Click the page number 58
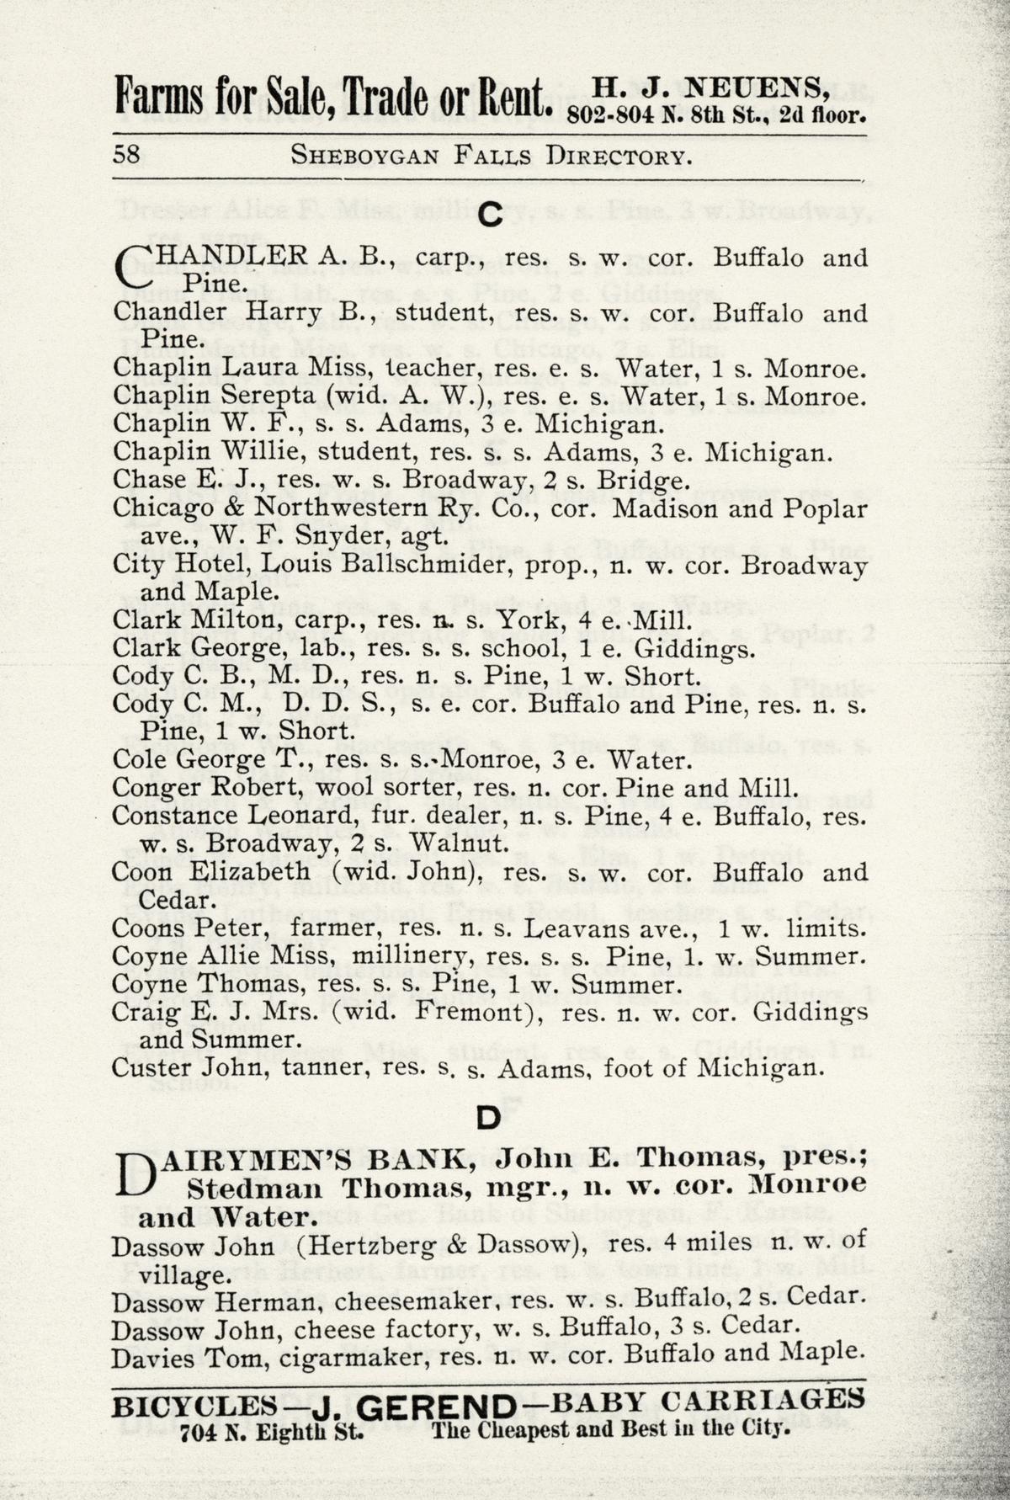tap(127, 155)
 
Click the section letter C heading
tap(490, 216)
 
